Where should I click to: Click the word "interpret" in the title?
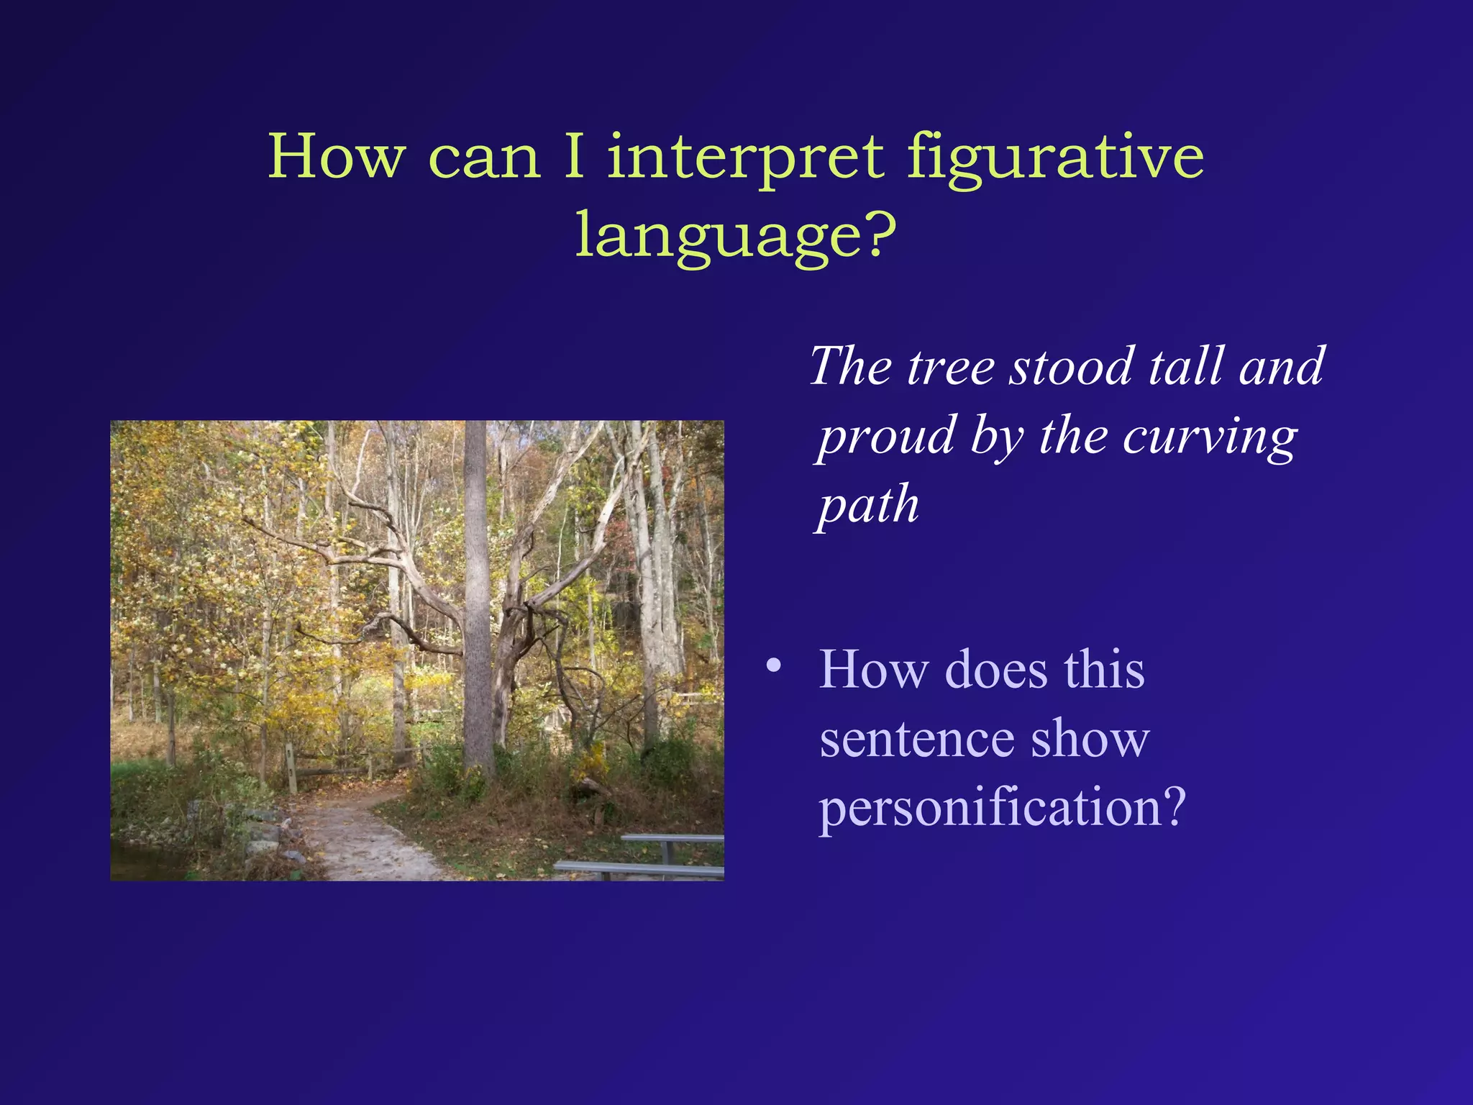pyautogui.click(x=745, y=158)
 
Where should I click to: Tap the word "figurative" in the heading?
pyautogui.click(x=1054, y=158)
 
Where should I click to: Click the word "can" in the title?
pyautogui.click(x=483, y=158)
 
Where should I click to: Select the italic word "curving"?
pyautogui.click(x=1210, y=437)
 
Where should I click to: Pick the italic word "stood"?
pyautogui.click(x=1072, y=367)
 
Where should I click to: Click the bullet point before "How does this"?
pyautogui.click(x=773, y=665)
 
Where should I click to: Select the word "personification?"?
pyautogui.click(x=1001, y=807)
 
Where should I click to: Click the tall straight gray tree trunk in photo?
pyautogui.click(x=477, y=590)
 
